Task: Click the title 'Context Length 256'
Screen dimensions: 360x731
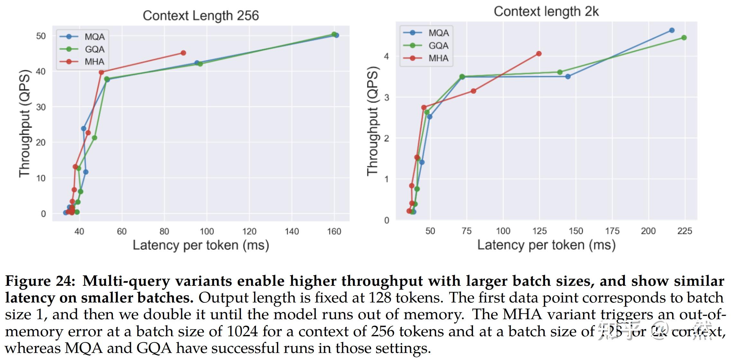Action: (201, 16)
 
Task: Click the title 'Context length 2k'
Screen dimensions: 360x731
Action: (546, 12)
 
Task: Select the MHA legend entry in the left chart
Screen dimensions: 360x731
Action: (94, 62)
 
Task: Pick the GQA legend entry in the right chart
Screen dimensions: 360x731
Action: (438, 46)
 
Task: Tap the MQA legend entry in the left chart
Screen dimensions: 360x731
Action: (94, 37)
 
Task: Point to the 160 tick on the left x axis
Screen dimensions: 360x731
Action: (334, 231)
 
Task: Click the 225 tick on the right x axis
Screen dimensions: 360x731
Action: (684, 231)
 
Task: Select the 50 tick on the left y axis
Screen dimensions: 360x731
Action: (41, 36)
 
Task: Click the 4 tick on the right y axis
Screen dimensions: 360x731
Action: (386, 56)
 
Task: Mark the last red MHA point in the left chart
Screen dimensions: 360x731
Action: (183, 53)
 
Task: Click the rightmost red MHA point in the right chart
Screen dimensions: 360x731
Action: (539, 54)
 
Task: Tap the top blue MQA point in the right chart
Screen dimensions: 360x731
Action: (672, 31)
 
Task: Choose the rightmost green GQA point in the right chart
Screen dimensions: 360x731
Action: (684, 38)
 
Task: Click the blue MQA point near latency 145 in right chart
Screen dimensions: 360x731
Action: (568, 76)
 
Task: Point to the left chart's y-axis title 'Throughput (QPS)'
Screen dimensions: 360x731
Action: (24, 123)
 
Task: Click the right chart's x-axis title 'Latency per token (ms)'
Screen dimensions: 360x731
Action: (546, 245)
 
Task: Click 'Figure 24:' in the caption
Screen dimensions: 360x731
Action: (40, 281)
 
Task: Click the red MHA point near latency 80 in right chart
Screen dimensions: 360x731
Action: (473, 91)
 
